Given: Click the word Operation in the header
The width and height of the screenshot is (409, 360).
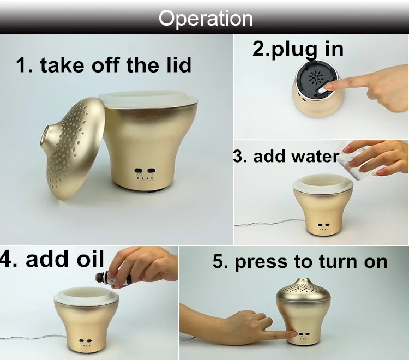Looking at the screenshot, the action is pos(206,19).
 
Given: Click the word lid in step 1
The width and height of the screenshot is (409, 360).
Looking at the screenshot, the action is pos(178,64).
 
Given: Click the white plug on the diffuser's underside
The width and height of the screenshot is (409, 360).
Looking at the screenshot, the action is pos(322,90).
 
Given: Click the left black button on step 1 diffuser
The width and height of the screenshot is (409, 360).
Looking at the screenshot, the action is pos(138,171).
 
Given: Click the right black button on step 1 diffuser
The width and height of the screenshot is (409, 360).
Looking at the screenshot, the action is pos(151,171).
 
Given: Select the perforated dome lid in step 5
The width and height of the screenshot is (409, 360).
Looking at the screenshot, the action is pos(303,290).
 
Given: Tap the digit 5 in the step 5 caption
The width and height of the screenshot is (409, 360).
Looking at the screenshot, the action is pos(218,261).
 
